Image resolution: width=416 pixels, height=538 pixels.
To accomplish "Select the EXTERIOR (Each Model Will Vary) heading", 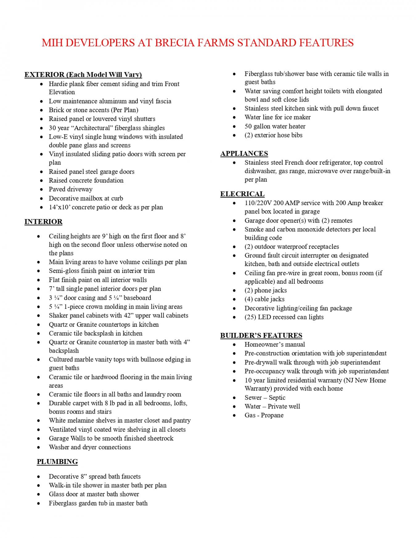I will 83,75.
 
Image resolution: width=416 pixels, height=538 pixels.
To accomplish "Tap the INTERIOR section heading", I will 43,222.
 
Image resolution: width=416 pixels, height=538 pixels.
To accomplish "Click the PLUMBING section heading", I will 57,462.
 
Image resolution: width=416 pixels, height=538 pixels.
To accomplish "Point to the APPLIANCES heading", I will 244,153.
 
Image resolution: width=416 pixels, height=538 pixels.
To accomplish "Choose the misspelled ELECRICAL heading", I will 242,194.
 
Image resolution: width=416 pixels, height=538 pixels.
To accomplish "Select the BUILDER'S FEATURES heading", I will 261,335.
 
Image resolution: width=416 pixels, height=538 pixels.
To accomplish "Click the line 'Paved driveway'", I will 71,189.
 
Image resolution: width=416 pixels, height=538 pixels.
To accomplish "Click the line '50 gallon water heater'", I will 275,126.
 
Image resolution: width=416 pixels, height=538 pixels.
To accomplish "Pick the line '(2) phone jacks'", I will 266,290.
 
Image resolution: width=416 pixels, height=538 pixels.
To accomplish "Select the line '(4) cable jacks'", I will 264,299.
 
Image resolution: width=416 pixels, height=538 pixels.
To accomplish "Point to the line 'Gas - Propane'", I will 264,415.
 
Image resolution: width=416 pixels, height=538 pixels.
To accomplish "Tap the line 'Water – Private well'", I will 272,407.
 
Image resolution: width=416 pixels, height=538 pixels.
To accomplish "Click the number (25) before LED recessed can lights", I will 250,317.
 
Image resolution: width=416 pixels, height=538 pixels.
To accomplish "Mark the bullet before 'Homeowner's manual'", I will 235,345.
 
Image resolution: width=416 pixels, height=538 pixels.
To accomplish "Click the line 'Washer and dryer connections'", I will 90,447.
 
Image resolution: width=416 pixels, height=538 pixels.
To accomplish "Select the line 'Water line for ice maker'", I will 277,117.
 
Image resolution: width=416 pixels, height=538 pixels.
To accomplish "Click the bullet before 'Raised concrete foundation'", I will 42,181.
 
